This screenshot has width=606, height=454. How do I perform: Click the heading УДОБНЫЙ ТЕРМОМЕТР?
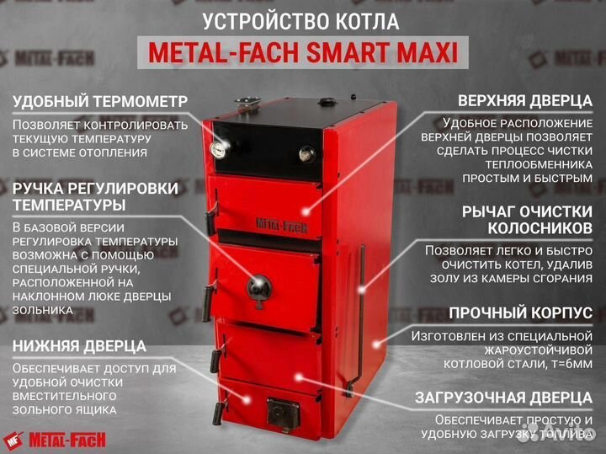click(x=99, y=101)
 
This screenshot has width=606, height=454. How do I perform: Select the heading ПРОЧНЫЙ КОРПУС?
click(x=520, y=312)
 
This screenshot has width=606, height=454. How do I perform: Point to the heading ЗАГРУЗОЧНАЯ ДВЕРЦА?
click(x=502, y=398)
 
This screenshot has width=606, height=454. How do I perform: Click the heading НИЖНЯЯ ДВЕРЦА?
click(x=78, y=345)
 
